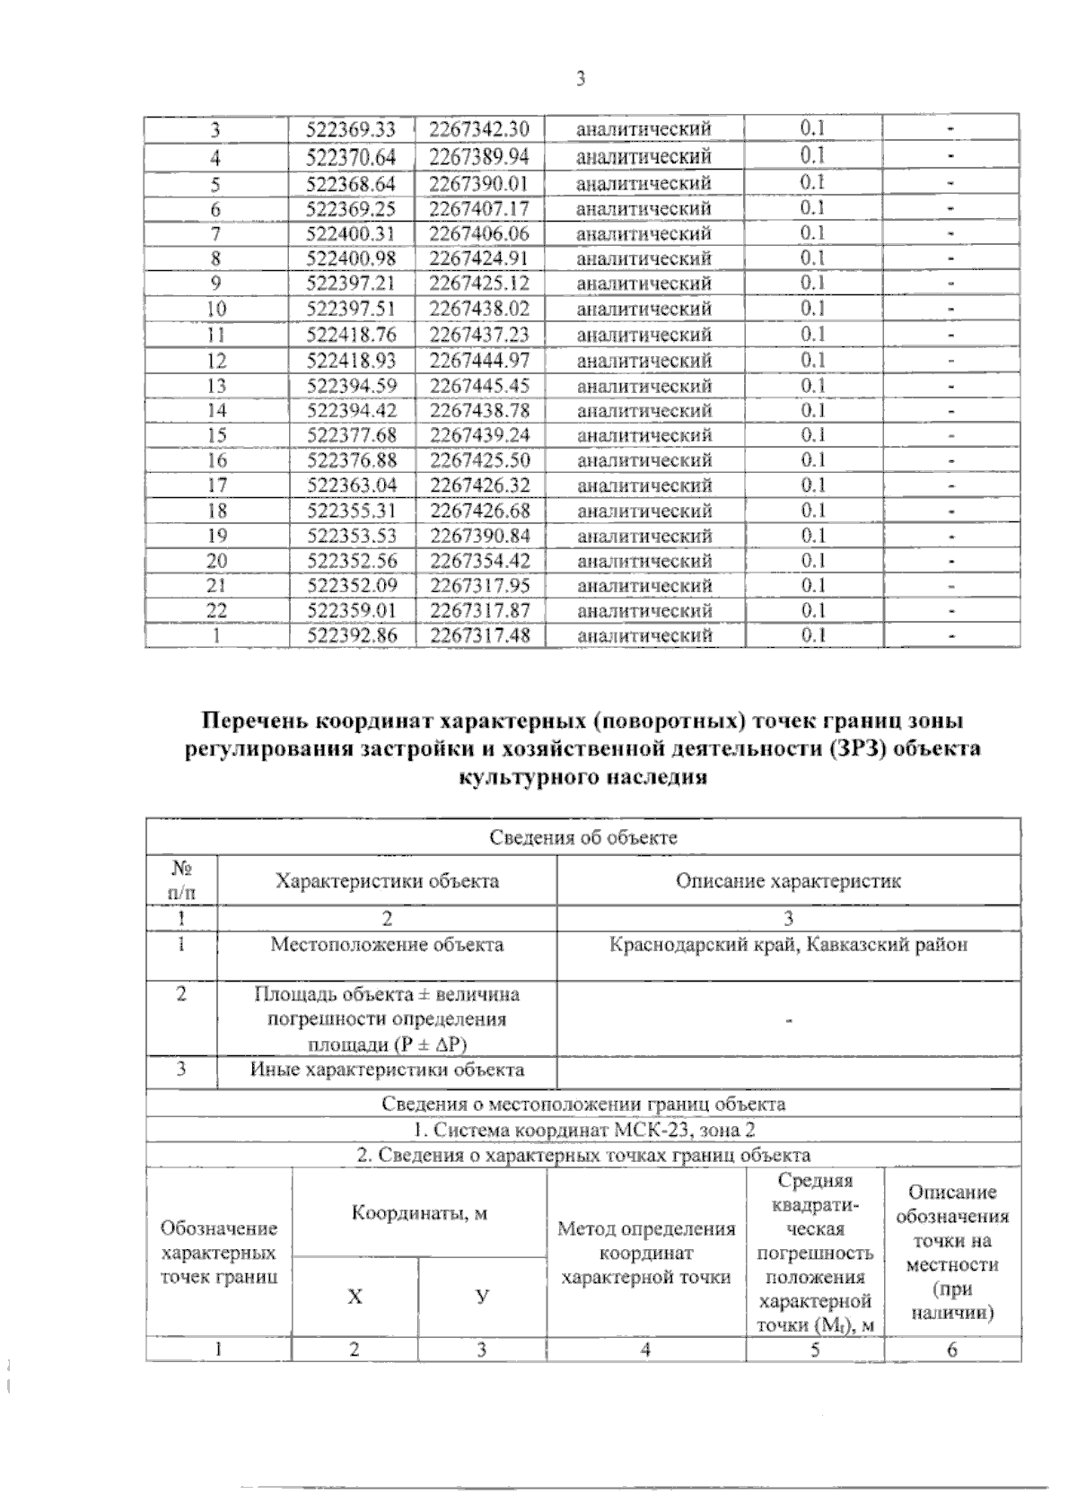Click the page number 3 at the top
point(580,80)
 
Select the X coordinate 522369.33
point(351,129)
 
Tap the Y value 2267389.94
point(479,158)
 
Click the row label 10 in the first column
point(216,310)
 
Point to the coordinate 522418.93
point(351,361)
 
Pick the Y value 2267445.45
point(479,386)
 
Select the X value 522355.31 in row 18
point(351,511)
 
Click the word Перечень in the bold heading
point(253,721)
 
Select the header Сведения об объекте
point(583,838)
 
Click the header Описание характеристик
point(788,881)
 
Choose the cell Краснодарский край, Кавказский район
point(788,945)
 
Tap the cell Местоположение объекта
point(387,945)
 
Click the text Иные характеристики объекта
point(387,1070)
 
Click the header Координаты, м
point(418,1213)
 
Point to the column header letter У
point(482,1297)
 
